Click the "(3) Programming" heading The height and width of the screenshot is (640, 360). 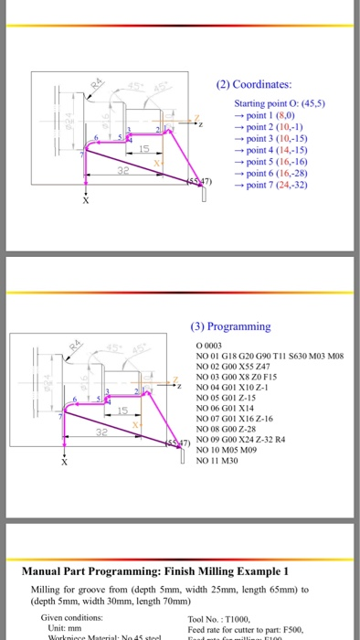click(230, 325)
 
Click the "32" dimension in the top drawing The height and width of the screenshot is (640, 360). click(122, 171)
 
